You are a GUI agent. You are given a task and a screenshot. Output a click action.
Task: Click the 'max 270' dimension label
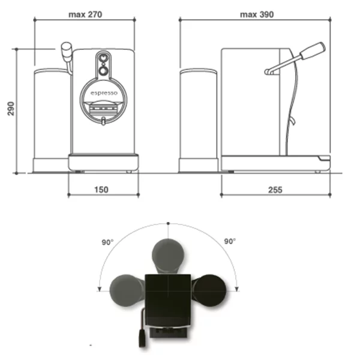(85, 14)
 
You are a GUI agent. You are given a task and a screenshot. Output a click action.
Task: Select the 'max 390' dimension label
(257, 14)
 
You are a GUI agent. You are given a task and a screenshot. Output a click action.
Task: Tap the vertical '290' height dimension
(11, 109)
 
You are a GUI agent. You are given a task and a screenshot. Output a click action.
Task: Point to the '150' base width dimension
(101, 190)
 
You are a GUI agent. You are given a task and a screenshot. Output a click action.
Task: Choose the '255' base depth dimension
(275, 190)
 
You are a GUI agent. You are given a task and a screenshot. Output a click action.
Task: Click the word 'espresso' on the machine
(104, 93)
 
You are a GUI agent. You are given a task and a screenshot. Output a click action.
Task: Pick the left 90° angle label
(107, 242)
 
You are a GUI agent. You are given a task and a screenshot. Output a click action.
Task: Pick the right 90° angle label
(230, 241)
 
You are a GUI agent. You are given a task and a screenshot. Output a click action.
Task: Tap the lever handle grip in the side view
(313, 51)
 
